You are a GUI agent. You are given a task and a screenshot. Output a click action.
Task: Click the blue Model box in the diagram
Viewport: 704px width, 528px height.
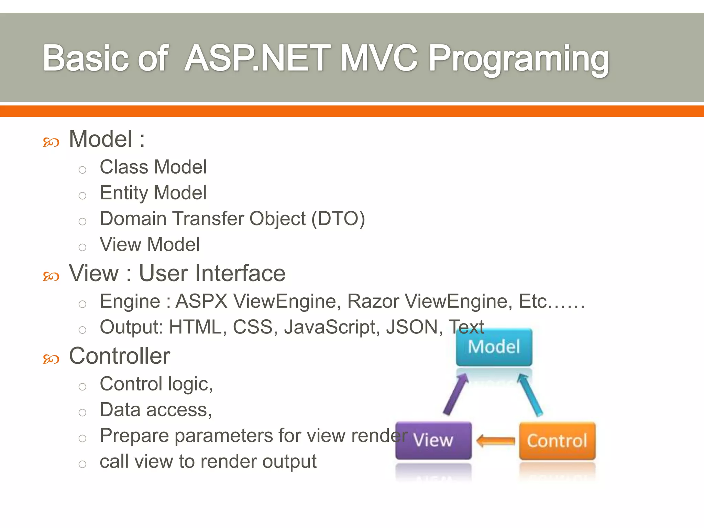494,347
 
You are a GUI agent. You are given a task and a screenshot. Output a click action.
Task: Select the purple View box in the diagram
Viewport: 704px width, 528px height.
433,440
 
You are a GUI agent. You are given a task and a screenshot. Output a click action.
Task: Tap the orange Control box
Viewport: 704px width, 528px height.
557,441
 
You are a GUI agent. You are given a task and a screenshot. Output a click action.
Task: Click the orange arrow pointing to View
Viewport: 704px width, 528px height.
495,441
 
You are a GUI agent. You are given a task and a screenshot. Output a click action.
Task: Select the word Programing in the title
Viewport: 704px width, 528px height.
519,59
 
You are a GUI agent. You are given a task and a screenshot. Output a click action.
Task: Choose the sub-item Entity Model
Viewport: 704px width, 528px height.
153,193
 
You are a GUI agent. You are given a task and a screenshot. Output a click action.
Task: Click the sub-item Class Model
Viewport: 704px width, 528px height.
153,167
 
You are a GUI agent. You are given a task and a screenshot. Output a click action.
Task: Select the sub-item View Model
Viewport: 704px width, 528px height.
150,244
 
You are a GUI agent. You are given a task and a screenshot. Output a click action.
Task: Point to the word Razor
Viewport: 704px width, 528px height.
373,301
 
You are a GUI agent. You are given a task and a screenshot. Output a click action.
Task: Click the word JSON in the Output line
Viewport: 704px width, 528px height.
412,327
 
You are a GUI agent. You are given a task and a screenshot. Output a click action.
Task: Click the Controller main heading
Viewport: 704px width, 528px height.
119,356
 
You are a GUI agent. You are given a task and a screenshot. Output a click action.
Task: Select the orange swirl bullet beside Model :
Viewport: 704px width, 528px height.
51,142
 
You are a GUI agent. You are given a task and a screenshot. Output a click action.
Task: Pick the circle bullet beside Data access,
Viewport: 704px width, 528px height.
82,412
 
